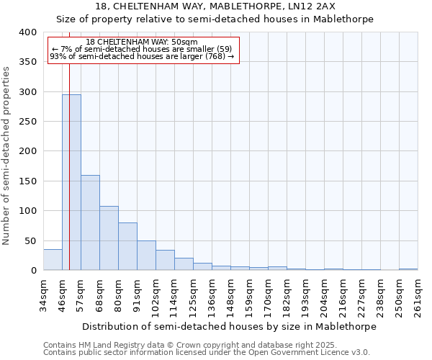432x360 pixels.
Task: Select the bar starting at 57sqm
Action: tap(90, 222)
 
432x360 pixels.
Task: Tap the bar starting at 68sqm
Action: tap(109, 238)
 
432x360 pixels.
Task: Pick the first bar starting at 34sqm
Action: tap(53, 260)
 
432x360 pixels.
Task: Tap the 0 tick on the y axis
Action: tap(33, 270)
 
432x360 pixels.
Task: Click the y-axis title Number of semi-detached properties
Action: tap(7, 155)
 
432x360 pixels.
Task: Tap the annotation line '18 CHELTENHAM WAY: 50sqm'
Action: tap(141, 42)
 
